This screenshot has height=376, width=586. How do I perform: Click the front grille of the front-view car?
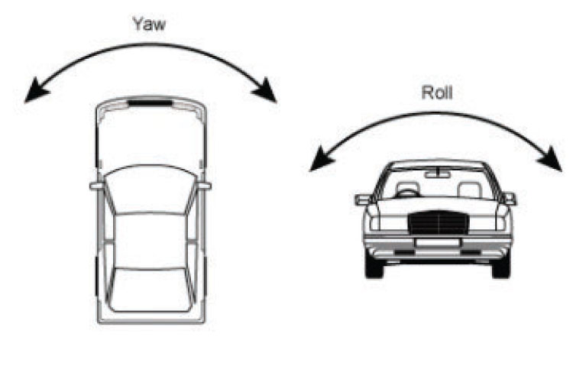436,223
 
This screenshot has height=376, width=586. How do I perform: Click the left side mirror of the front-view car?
362,199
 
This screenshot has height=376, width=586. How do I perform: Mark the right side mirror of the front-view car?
509,199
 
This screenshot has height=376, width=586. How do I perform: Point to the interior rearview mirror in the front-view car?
436,174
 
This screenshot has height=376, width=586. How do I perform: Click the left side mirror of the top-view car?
96,185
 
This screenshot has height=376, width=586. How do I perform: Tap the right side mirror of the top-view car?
205,184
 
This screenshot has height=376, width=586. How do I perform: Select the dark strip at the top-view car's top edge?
151,101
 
